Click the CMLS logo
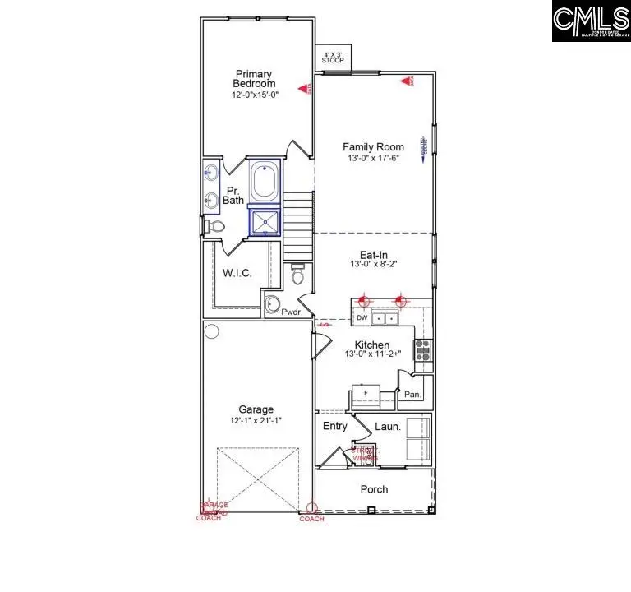(589, 21)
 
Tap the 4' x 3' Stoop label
(333, 58)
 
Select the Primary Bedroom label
(254, 78)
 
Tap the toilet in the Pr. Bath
(212, 226)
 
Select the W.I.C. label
(237, 273)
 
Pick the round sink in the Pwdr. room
(272, 305)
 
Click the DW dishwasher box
(362, 317)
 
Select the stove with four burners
(423, 350)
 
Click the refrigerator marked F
(365, 394)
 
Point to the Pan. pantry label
(412, 395)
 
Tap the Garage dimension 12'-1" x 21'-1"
(256, 420)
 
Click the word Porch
(374, 489)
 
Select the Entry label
(334, 426)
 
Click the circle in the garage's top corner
(212, 332)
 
